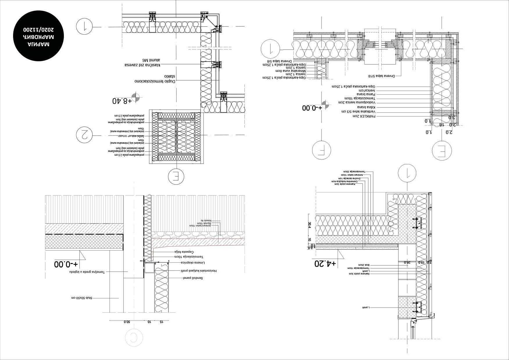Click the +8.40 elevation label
[122, 101]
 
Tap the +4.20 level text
[325, 264]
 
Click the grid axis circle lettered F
[321, 150]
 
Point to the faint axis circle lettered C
[134, 337]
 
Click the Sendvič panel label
[193, 278]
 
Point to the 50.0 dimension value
[127, 322]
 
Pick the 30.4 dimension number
[309, 225]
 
